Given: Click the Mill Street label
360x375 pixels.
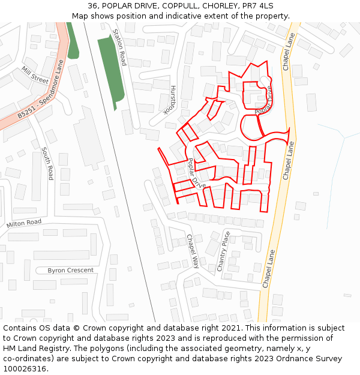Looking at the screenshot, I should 35,75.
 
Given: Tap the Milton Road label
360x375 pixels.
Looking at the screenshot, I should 24,223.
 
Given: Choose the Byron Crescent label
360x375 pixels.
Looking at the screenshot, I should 71,271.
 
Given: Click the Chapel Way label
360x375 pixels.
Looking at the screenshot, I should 193,251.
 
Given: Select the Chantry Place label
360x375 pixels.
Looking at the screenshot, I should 223,251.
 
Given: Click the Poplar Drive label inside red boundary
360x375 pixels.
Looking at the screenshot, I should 196,173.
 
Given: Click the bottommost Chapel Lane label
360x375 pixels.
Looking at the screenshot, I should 268,268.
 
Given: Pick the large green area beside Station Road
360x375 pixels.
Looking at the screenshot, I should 112,66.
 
